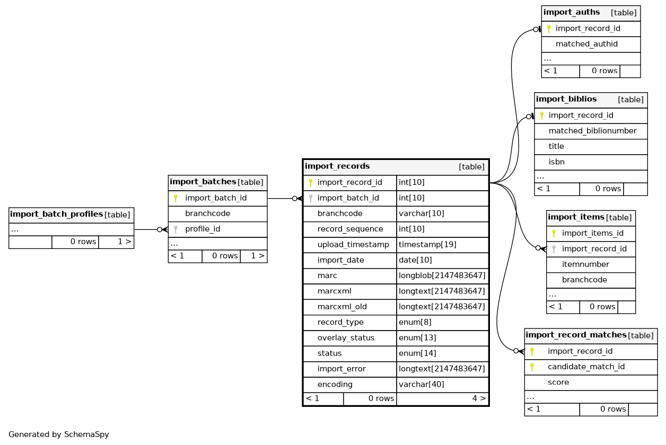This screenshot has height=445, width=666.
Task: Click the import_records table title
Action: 337,166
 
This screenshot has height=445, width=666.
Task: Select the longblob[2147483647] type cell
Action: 442,275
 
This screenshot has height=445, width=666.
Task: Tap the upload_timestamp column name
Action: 353,244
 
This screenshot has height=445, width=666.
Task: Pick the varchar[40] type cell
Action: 421,384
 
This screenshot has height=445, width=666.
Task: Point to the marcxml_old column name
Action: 342,306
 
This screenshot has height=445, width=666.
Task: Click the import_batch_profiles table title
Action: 56,215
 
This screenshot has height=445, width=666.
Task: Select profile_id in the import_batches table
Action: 203,229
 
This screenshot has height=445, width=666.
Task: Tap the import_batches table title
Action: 203,182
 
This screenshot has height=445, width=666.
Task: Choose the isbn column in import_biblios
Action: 556,162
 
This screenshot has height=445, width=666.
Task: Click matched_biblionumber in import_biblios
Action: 592,131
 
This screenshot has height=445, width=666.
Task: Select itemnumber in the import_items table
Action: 585,264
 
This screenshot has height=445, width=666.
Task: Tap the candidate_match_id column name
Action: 586,366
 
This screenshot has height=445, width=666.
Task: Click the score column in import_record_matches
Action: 558,382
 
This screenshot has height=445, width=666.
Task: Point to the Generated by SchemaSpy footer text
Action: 59,434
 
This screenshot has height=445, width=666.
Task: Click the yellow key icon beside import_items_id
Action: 554,233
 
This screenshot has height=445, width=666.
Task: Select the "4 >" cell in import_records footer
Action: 479,398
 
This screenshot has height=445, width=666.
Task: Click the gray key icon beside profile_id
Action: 175,229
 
